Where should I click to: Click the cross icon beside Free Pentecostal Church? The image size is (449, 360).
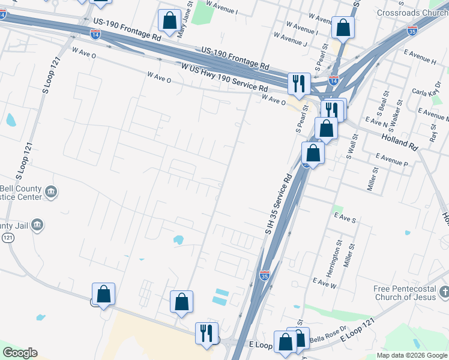444,292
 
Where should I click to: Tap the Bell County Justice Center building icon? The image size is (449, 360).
50,191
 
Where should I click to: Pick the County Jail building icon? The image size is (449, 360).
37,225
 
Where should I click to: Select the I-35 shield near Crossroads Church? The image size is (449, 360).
412,31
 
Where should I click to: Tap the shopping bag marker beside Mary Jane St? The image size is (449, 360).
170,21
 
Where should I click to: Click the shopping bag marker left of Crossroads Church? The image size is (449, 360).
343,27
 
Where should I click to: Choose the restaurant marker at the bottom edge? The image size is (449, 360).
207,332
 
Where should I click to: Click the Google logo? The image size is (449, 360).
20,353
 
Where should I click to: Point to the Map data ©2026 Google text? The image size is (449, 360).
412,355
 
